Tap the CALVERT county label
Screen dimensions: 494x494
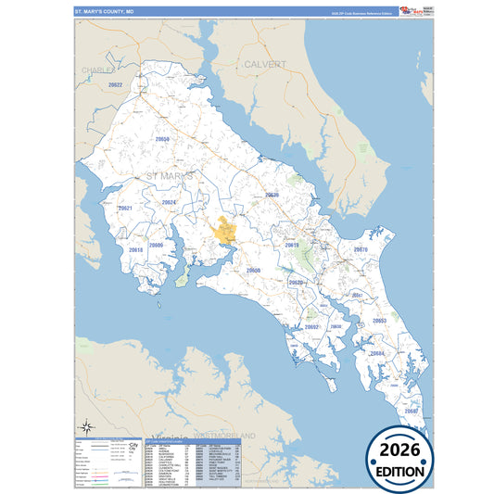(x=265, y=64)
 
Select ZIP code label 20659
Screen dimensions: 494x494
(x=162, y=138)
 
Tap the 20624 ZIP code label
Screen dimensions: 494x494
(x=169, y=201)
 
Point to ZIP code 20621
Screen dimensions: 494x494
(x=125, y=209)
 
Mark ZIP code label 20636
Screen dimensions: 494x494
(x=272, y=195)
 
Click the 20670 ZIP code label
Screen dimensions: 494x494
(x=361, y=249)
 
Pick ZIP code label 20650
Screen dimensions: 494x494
(x=253, y=271)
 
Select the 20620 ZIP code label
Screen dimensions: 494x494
(x=296, y=283)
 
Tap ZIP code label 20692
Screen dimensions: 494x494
(x=311, y=326)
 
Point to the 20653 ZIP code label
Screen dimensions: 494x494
(x=379, y=321)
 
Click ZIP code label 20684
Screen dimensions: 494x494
(x=376, y=353)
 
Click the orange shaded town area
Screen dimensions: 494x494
(x=225, y=230)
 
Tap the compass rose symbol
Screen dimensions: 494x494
(x=85, y=426)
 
